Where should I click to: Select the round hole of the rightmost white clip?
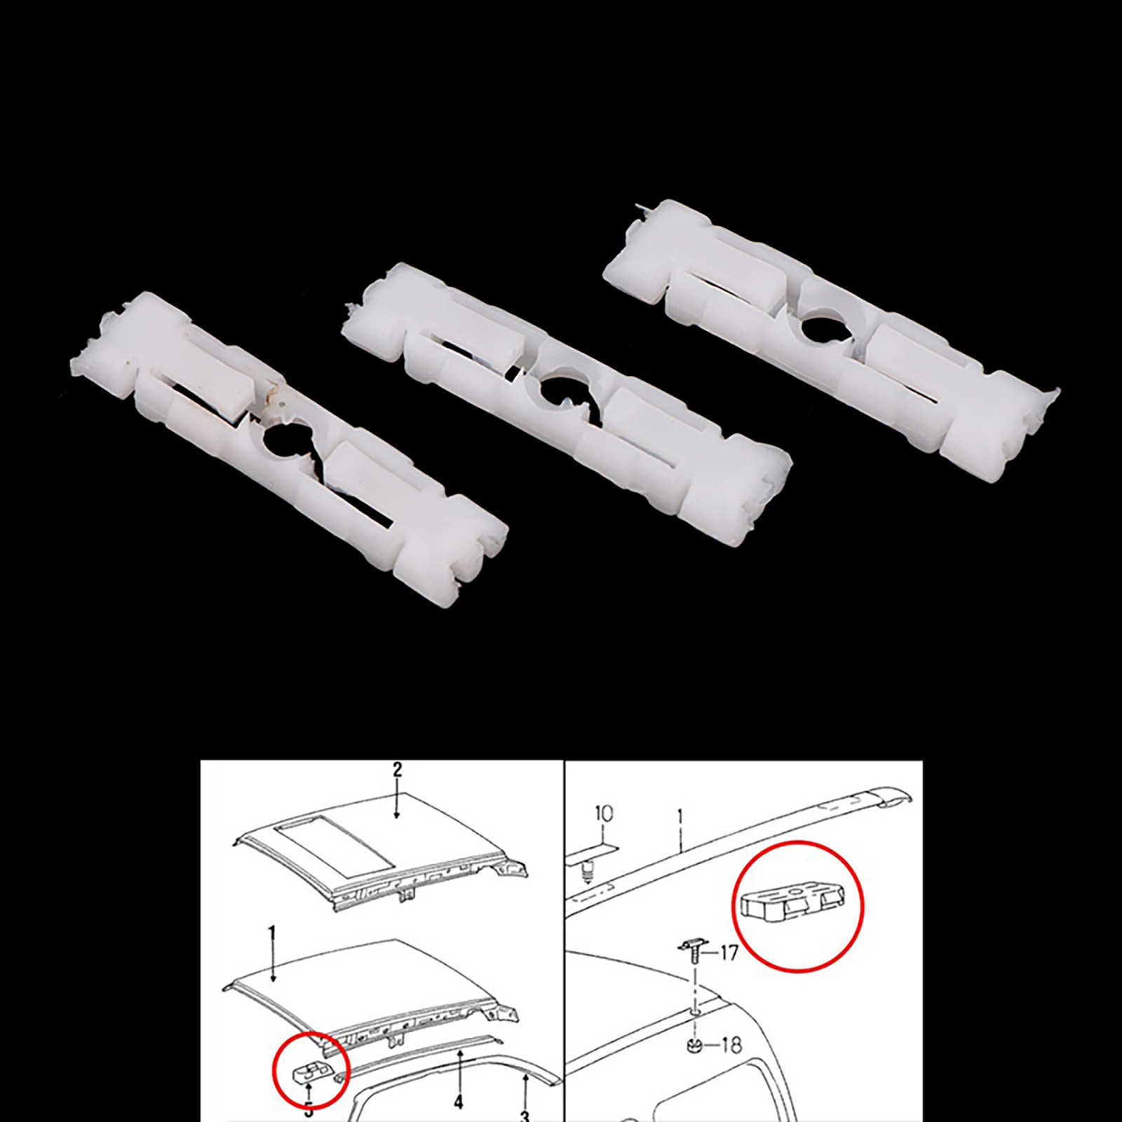818,329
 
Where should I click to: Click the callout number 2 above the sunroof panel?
397,770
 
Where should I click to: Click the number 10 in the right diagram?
603,813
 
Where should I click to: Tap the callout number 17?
729,953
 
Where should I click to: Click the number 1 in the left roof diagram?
273,933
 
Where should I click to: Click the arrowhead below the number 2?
397,814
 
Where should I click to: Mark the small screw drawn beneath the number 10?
588,873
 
